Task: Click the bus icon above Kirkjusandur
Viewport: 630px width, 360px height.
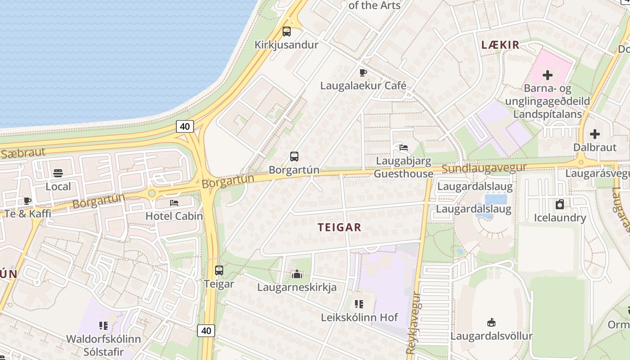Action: [x=287, y=31]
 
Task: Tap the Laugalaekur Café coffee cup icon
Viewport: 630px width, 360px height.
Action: [x=363, y=72]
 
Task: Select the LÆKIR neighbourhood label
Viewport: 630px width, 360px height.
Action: [x=500, y=45]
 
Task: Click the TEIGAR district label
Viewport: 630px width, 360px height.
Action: [x=340, y=227]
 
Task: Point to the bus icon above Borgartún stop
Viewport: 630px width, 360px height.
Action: [x=294, y=157]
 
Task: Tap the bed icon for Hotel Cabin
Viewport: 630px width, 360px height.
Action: [x=174, y=203]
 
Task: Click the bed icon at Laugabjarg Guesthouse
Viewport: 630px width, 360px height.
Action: [x=403, y=147]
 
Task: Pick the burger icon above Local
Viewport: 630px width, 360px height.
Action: [x=58, y=173]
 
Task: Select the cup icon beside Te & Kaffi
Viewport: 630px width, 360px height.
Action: [x=27, y=201]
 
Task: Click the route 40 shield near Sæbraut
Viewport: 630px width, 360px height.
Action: [x=185, y=126]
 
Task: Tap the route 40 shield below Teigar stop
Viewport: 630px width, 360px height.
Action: [x=206, y=331]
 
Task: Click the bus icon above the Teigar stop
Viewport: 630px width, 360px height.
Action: [x=219, y=270]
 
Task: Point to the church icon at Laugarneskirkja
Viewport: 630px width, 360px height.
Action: [x=297, y=274]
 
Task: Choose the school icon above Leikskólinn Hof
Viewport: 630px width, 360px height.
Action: [x=359, y=304]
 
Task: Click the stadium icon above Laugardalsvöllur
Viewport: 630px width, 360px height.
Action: [x=491, y=322]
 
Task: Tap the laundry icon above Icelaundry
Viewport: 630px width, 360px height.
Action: [x=560, y=204]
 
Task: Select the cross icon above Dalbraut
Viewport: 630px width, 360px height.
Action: [x=595, y=134]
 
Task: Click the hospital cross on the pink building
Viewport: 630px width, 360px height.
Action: [x=548, y=75]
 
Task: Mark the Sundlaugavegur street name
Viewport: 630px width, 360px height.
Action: [x=484, y=168]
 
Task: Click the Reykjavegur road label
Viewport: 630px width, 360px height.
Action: [x=414, y=323]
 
